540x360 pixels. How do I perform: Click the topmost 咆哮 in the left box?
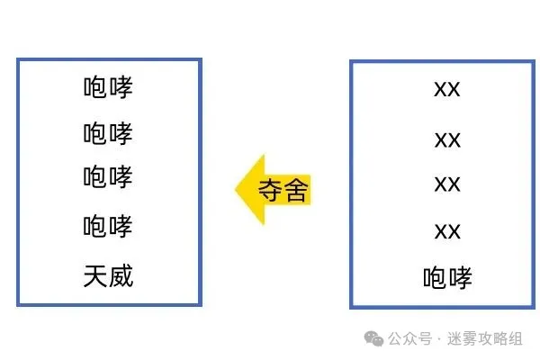108,87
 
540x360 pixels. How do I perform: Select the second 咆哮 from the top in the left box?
108,133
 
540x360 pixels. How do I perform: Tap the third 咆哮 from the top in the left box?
108,176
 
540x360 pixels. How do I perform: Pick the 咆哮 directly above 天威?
108,226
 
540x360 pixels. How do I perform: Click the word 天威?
108,276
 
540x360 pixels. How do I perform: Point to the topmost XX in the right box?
447,90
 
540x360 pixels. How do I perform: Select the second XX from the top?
447,140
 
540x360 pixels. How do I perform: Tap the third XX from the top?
447,184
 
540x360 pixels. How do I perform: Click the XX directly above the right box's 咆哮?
447,231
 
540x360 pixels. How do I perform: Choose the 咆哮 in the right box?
447,278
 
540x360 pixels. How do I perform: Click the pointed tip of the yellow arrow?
236,189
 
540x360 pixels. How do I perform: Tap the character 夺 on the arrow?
271,190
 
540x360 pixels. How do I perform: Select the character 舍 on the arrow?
296,190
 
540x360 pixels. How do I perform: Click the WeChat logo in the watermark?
374,338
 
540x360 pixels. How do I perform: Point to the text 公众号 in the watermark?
409,339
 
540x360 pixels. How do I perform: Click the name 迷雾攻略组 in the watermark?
485,339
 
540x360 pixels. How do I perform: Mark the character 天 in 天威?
95,276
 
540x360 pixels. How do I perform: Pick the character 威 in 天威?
121,276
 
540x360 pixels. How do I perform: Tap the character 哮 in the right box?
461,278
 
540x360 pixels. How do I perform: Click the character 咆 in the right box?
436,278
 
